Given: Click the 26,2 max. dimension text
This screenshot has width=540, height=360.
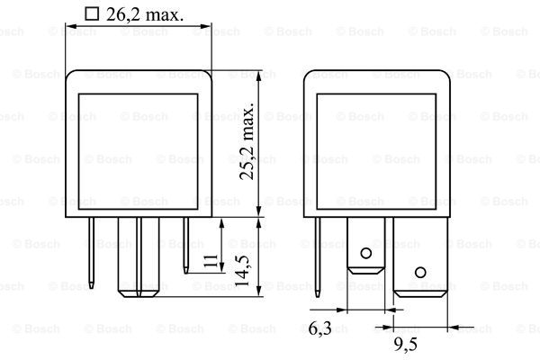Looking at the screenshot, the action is click(x=145, y=14).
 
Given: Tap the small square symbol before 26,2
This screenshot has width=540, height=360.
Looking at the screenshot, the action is click(x=92, y=14).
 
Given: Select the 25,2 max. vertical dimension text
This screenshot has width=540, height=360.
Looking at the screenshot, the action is click(x=247, y=141).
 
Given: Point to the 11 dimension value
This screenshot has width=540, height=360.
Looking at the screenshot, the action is click(x=211, y=261).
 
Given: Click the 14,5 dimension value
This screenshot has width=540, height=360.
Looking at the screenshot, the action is click(x=242, y=271).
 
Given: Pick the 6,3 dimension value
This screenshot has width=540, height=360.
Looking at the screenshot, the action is click(x=319, y=328).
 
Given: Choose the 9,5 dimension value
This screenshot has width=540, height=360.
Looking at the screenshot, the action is click(x=405, y=344).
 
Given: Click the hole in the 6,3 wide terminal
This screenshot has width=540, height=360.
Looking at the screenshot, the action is click(x=365, y=254).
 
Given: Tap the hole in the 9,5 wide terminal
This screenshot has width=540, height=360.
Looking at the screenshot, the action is click(x=420, y=273).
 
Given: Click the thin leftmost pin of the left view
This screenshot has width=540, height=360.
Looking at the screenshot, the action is click(x=91, y=253).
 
